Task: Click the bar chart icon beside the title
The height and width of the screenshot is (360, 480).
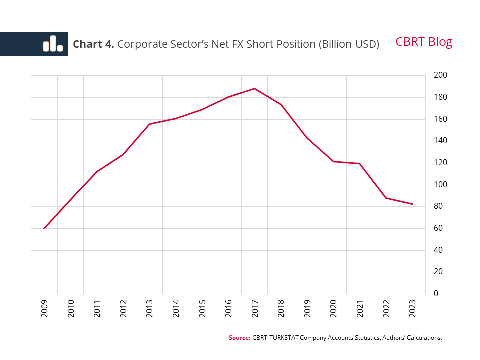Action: tap(53, 44)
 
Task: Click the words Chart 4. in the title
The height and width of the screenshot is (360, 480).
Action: tap(94, 44)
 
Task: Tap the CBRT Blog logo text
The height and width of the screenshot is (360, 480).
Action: tap(423, 42)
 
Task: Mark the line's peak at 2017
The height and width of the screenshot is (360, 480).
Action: tap(255, 89)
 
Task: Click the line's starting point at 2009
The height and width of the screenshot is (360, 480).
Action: tap(44, 228)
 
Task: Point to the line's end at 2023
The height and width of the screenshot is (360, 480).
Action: tap(413, 204)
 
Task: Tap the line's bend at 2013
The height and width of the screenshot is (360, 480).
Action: tap(149, 124)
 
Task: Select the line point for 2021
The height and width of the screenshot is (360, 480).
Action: tap(360, 163)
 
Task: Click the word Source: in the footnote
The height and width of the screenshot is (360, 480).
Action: tap(239, 338)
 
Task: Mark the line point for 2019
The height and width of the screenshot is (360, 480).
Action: tap(307, 138)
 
